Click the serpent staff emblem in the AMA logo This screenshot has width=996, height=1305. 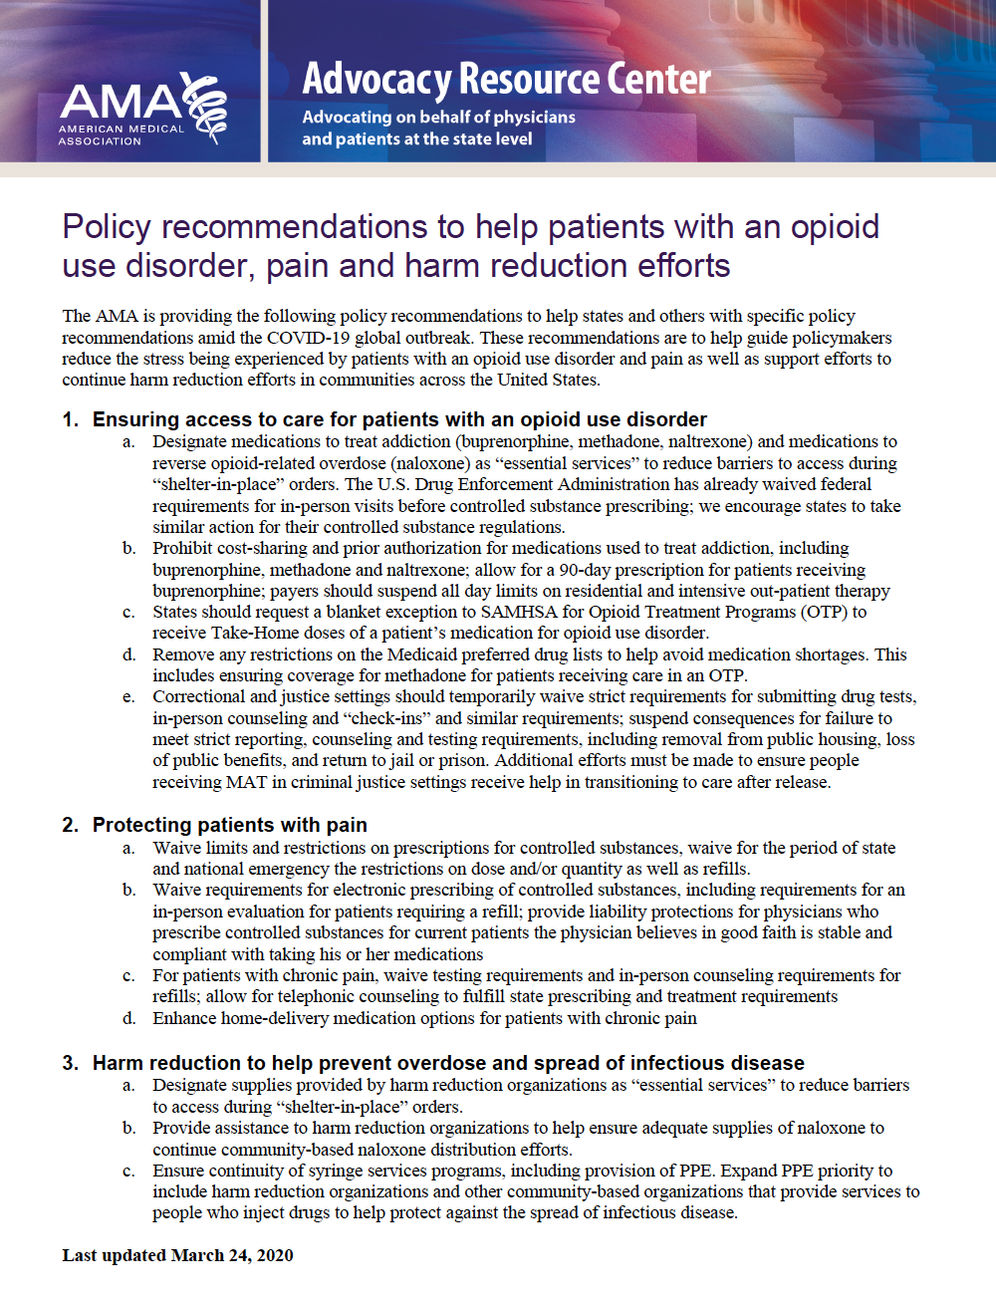click(x=207, y=108)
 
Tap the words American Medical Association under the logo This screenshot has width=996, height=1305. click(x=121, y=135)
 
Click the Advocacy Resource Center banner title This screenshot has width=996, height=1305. click(x=506, y=79)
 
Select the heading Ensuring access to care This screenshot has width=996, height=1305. click(x=399, y=419)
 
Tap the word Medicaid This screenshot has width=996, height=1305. click(x=430, y=654)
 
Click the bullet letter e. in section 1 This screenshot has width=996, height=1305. click(x=128, y=696)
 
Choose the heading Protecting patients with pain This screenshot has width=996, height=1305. click(x=229, y=825)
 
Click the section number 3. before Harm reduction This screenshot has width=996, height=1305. click(x=71, y=1063)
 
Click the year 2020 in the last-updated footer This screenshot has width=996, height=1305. click(x=275, y=1255)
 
